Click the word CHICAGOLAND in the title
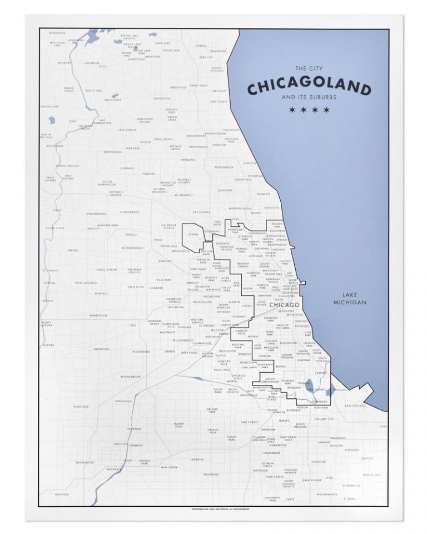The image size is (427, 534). point(309,88)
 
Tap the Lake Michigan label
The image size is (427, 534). point(350,299)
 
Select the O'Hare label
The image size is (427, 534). point(193,235)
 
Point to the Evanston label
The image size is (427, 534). point(271,207)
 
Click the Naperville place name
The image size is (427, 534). point(101,349)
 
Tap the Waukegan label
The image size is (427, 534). point(219,51)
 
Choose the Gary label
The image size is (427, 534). point(383,426)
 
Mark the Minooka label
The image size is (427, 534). point(62,494)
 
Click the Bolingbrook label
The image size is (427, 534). point(131,377)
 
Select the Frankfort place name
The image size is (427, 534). point(211,474)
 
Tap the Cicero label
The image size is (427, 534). point(247,305)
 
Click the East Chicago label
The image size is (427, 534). point(355,406)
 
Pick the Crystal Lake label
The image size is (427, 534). point(49,106)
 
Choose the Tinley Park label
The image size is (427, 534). point(232,438)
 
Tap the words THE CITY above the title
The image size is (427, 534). point(309,68)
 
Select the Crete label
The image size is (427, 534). point(290,499)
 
